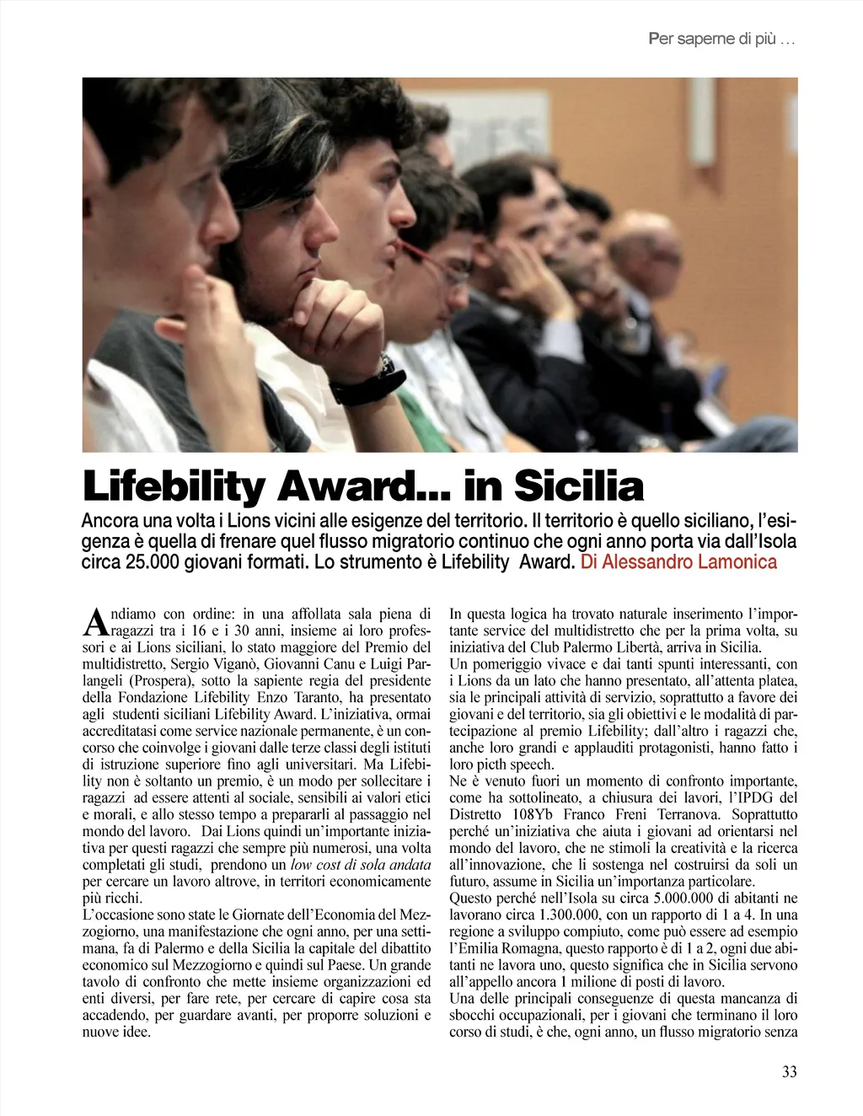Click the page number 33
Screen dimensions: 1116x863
(789, 1072)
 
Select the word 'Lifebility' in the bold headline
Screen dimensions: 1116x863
(174, 486)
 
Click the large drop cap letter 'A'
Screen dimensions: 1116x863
(95, 623)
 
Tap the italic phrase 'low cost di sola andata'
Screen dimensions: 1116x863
(361, 865)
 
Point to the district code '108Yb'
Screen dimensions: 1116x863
(533, 815)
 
